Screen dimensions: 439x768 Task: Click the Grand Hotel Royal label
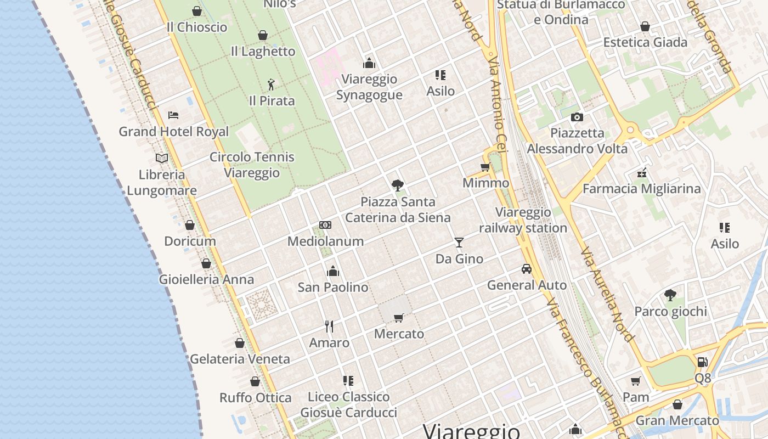174,132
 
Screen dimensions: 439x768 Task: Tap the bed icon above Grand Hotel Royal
173,115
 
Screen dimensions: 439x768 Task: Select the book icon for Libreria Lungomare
161,159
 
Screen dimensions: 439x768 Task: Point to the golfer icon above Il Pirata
271,85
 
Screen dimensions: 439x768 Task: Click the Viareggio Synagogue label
369,87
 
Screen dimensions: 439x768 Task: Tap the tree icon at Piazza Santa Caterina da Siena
398,185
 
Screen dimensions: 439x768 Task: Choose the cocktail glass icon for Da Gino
459,242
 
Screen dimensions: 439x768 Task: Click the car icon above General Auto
527,269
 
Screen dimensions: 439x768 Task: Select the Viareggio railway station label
523,220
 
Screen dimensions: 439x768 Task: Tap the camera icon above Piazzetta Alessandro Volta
577,117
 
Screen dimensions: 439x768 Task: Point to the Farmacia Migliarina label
641,189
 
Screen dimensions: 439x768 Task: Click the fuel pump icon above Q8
702,362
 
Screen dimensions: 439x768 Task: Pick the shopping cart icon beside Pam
636,381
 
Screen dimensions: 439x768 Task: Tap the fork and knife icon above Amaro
329,327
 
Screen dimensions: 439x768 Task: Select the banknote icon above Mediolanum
325,225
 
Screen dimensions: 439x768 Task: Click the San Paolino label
333,287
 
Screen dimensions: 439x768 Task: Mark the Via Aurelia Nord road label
608,295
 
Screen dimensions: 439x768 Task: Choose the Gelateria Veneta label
240,359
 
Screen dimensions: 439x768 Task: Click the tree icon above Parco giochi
670,295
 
